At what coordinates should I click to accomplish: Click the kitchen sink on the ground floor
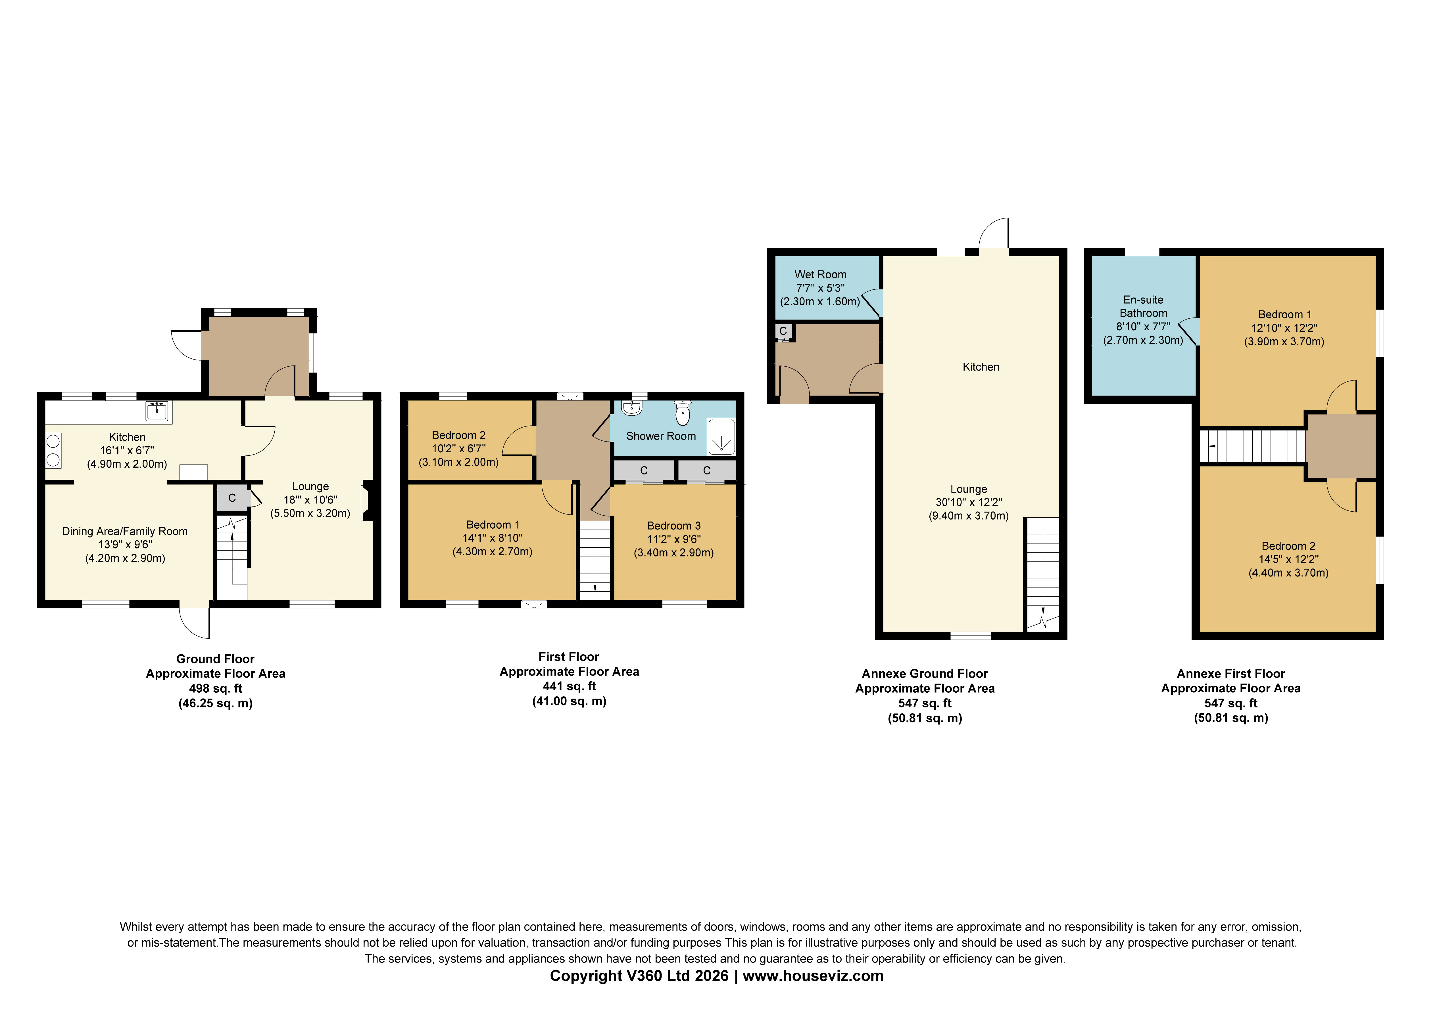pos(157,411)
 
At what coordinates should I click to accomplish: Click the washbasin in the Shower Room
pos(632,408)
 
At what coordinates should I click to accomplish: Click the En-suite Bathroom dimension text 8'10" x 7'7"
pos(1143,327)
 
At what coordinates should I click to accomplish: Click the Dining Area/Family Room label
pos(125,531)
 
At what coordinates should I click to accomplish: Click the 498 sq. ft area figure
pos(216,688)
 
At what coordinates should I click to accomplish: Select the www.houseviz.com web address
pos(813,976)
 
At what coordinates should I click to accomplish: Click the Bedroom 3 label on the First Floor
pos(674,526)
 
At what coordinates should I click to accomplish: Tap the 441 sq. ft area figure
pos(570,686)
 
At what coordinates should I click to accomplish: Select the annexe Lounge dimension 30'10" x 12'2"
pos(969,502)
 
